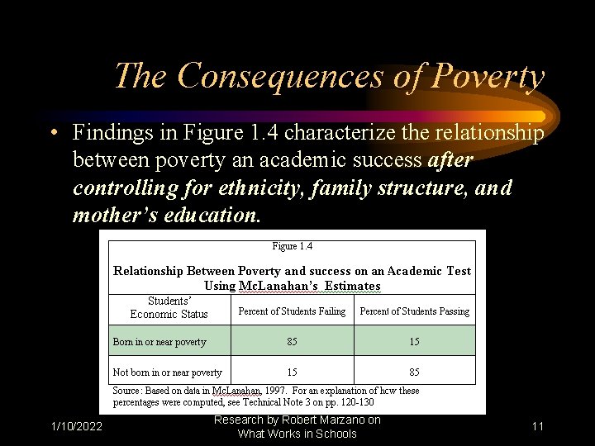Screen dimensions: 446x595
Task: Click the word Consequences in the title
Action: (278, 76)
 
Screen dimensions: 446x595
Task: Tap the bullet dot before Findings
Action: (52, 133)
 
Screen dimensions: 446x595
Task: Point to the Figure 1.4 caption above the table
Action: (292, 246)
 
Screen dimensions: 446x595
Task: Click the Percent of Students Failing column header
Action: (292, 311)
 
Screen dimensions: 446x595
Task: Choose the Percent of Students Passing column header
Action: (414, 311)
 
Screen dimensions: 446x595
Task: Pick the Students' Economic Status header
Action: (169, 307)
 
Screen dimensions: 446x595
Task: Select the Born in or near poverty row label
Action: (159, 342)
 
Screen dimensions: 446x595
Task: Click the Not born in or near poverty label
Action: (168, 372)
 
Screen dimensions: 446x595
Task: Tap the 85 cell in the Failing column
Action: (293, 342)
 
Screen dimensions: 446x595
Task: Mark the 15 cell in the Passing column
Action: (415, 342)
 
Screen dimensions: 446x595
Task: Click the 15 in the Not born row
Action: (293, 372)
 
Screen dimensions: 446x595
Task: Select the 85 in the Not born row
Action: (415, 372)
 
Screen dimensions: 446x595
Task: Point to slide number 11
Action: (538, 426)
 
